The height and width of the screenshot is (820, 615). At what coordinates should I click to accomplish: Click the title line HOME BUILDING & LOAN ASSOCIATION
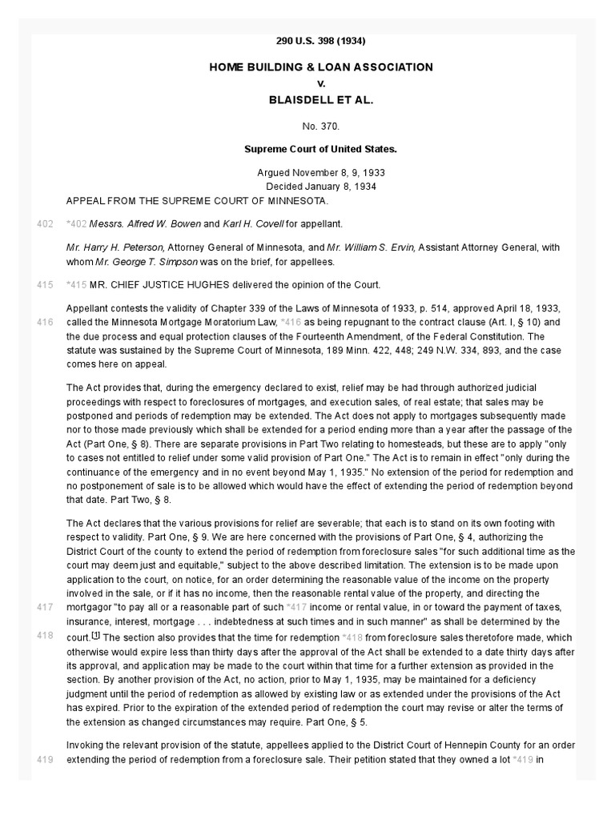coord(320,67)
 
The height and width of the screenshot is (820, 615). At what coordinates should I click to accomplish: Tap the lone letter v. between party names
coord(320,83)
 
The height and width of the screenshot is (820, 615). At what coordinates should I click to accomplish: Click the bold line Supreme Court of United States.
coord(320,149)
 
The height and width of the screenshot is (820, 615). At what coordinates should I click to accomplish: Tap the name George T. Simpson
coord(131,261)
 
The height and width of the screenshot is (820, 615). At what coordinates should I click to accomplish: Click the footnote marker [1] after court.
coord(95,635)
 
